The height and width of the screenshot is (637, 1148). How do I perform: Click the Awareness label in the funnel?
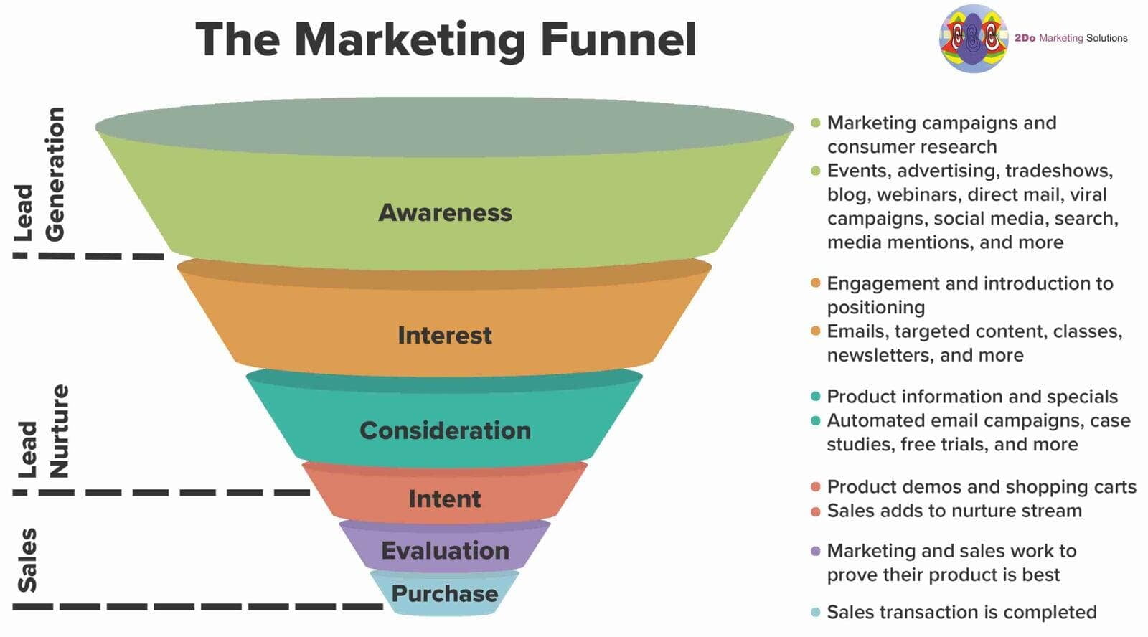(445, 212)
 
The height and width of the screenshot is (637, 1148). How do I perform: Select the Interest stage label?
(445, 335)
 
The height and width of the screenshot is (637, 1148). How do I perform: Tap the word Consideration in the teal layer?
(445, 430)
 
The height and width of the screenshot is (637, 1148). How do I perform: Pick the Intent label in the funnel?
(445, 499)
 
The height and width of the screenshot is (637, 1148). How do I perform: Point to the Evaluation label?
(445, 550)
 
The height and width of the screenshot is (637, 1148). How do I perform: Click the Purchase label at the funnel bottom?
(445, 593)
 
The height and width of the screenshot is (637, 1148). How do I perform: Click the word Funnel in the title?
(618, 39)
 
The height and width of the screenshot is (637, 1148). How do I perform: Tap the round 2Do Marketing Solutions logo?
(973, 39)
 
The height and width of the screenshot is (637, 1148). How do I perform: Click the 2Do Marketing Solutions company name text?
(1071, 39)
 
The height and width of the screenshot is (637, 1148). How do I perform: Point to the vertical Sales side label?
(27, 560)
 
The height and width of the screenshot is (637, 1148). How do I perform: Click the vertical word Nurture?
(58, 431)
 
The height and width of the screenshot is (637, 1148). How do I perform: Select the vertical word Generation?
(55, 174)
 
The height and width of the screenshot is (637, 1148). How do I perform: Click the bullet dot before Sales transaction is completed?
(816, 612)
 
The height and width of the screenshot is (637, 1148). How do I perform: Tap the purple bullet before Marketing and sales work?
(816, 552)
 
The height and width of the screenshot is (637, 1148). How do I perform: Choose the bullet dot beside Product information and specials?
(816, 396)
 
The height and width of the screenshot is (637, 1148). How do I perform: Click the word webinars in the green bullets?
(912, 194)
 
